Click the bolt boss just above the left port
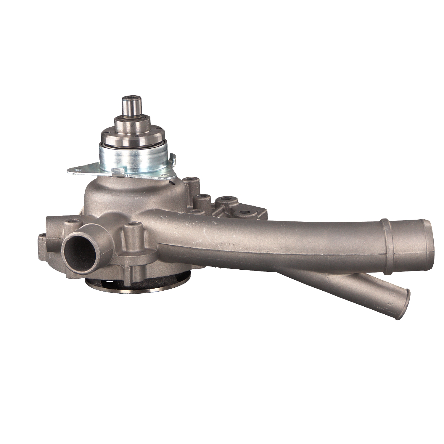pyautogui.click(x=73, y=223)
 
